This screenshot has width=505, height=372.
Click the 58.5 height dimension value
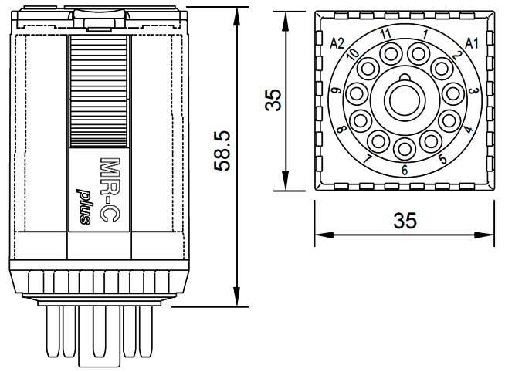(222, 150)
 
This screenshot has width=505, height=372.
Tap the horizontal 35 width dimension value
(405, 221)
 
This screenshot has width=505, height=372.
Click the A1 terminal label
(472, 43)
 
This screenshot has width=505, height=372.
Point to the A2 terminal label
(337, 43)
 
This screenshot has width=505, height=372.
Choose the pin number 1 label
(425, 35)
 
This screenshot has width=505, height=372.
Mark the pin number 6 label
(404, 170)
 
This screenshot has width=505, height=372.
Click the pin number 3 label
(473, 91)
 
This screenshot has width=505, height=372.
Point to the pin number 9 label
(336, 92)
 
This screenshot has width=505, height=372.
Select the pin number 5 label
(442, 160)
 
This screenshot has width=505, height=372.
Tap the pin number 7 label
(368, 160)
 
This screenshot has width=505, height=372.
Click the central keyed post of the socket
(404, 99)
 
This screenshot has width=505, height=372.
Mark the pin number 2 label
(457, 55)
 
